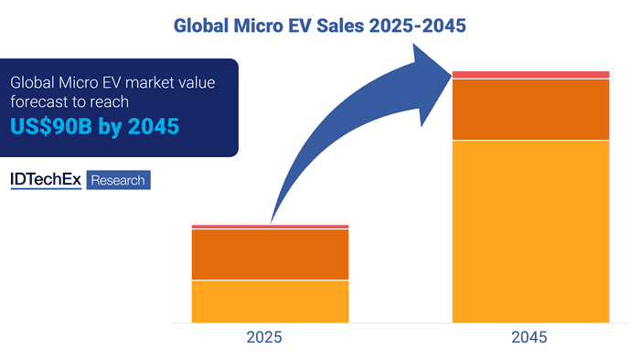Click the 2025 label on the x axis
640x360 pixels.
[x=270, y=337]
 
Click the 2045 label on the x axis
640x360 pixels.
[x=530, y=337]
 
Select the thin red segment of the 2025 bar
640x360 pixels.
[x=270, y=227]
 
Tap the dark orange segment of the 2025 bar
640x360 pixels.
[x=270, y=254]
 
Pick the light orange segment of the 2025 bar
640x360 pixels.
[x=270, y=301]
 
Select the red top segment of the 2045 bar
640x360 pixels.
[x=530, y=74]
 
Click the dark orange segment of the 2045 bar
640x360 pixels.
[x=530, y=109]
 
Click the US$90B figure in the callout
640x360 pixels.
[x=50, y=127]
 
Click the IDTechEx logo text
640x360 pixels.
[x=46, y=180]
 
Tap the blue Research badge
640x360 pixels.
[x=118, y=180]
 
